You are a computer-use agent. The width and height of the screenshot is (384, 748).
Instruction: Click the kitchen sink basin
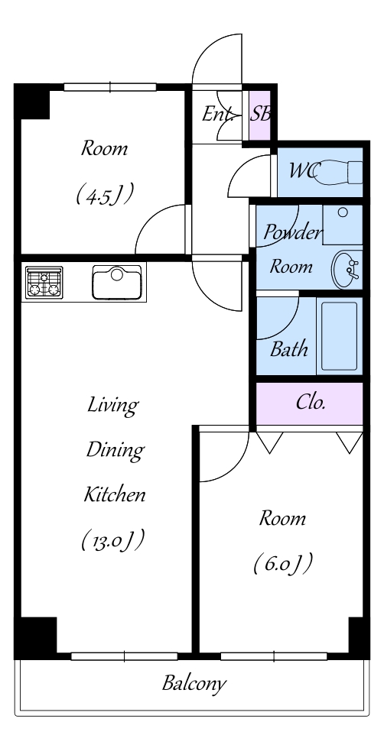click(x=117, y=282)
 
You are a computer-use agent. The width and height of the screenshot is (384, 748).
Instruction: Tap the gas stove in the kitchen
click(x=44, y=283)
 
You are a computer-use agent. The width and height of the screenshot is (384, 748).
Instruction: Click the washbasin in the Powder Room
click(x=347, y=270)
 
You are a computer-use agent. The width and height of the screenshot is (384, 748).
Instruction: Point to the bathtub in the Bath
click(x=339, y=336)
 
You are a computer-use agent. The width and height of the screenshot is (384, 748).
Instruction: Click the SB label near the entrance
click(x=260, y=114)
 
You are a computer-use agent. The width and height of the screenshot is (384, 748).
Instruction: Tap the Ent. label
click(x=218, y=114)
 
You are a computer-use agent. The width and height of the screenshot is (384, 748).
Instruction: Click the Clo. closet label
click(x=311, y=403)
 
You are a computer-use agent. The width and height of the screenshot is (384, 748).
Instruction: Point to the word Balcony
click(x=194, y=684)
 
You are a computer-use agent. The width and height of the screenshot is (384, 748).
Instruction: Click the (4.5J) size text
click(x=104, y=194)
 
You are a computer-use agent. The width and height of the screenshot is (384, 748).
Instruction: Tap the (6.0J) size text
click(x=282, y=563)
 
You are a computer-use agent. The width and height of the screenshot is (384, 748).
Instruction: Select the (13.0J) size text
click(x=112, y=540)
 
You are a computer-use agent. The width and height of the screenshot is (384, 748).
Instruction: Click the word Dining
click(x=115, y=450)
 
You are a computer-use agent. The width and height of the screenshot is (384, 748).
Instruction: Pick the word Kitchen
click(x=115, y=494)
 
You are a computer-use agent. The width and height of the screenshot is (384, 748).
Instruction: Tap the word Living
click(x=112, y=406)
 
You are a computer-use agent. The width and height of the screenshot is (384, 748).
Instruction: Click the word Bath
click(x=288, y=349)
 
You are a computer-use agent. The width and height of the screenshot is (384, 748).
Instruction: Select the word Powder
click(x=293, y=233)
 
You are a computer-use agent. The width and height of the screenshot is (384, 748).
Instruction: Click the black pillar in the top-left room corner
click(x=32, y=102)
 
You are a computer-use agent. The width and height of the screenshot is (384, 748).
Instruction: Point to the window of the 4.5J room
click(x=110, y=87)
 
